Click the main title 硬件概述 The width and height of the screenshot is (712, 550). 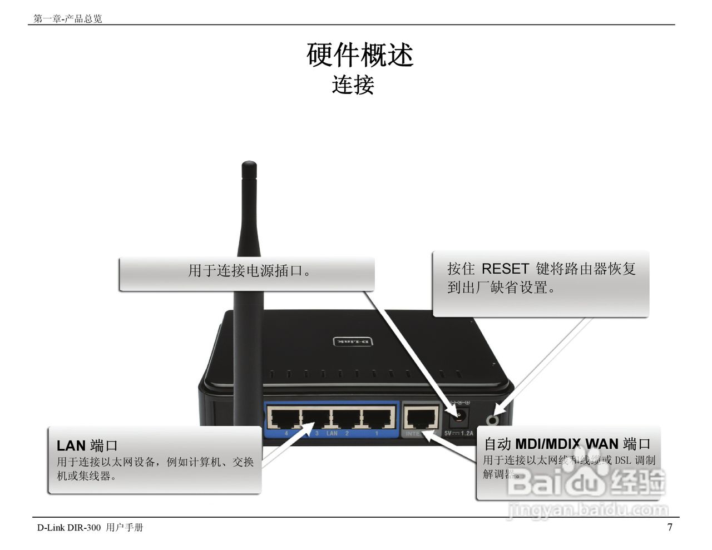pyautogui.click(x=360, y=54)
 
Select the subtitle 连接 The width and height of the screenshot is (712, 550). pyautogui.click(x=353, y=85)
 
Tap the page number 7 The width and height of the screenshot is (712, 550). pyautogui.click(x=670, y=527)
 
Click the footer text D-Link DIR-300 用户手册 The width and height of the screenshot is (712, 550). pyautogui.click(x=90, y=527)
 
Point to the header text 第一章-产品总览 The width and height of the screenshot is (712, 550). pyautogui.click(x=68, y=19)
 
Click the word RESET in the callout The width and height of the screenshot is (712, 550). pyautogui.click(x=505, y=269)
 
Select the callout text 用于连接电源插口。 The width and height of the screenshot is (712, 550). pyautogui.click(x=250, y=271)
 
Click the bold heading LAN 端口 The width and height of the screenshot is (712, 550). pyautogui.click(x=87, y=445)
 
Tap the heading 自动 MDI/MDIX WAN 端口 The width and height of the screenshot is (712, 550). pyautogui.click(x=566, y=444)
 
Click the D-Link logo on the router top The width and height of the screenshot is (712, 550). pyautogui.click(x=352, y=341)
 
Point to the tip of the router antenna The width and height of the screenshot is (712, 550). pyautogui.click(x=249, y=164)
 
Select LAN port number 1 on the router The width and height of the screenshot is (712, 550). pyautogui.click(x=379, y=417)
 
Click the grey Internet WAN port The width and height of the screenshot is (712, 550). pyautogui.click(x=421, y=417)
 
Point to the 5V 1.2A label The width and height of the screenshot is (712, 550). pyautogui.click(x=458, y=433)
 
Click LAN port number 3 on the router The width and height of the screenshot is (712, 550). pyautogui.click(x=316, y=417)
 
